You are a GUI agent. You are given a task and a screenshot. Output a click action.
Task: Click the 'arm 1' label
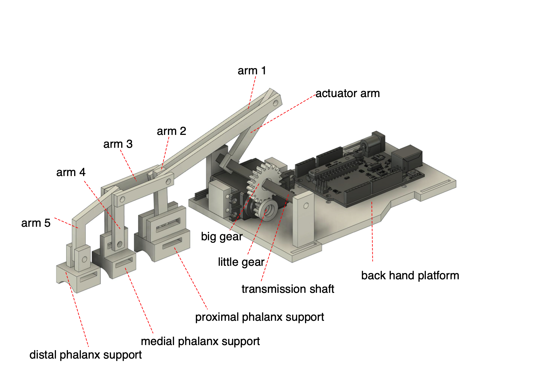point(252,71)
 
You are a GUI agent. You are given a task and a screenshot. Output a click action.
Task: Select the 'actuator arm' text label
point(347,93)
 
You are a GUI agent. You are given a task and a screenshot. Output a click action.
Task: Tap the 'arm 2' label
point(171,131)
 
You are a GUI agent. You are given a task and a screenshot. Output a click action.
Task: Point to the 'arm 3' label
point(118,144)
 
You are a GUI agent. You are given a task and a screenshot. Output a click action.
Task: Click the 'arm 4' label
point(71,172)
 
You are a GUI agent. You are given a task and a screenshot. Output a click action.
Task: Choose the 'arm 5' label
point(36,223)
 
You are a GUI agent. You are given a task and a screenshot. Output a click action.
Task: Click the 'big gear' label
point(222,237)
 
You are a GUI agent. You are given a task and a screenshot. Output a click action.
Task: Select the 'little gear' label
point(241,262)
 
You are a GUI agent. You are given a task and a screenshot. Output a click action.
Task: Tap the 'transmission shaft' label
point(287,289)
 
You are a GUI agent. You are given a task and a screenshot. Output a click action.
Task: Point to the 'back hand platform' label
point(410,276)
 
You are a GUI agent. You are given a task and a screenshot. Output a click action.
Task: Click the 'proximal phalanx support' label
point(260,317)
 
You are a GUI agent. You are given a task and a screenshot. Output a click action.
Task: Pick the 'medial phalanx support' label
point(200,341)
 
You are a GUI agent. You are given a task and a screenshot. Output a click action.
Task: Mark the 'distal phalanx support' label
point(85,355)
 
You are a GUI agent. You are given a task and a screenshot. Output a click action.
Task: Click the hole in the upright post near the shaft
point(306,206)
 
